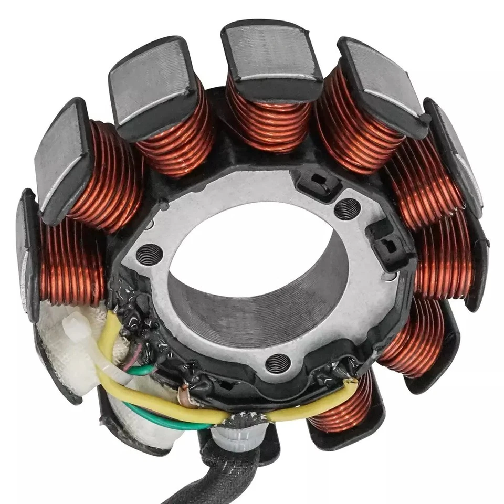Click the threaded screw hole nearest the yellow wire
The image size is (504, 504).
coord(278,362)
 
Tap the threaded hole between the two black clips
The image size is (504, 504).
coord(347,209)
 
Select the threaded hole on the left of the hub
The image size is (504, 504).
coord(146,255)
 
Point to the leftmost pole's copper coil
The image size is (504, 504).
coord(71,262)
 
